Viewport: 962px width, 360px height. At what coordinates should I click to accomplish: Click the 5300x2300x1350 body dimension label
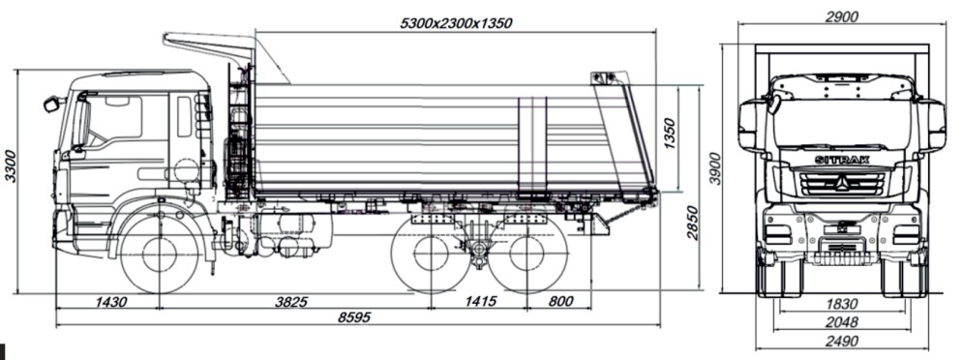click(x=456, y=23)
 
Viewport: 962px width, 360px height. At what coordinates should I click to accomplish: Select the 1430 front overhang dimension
click(x=111, y=301)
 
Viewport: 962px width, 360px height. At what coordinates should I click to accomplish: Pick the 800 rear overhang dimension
click(x=560, y=301)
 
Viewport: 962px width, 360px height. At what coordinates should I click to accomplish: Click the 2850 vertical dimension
click(x=692, y=224)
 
